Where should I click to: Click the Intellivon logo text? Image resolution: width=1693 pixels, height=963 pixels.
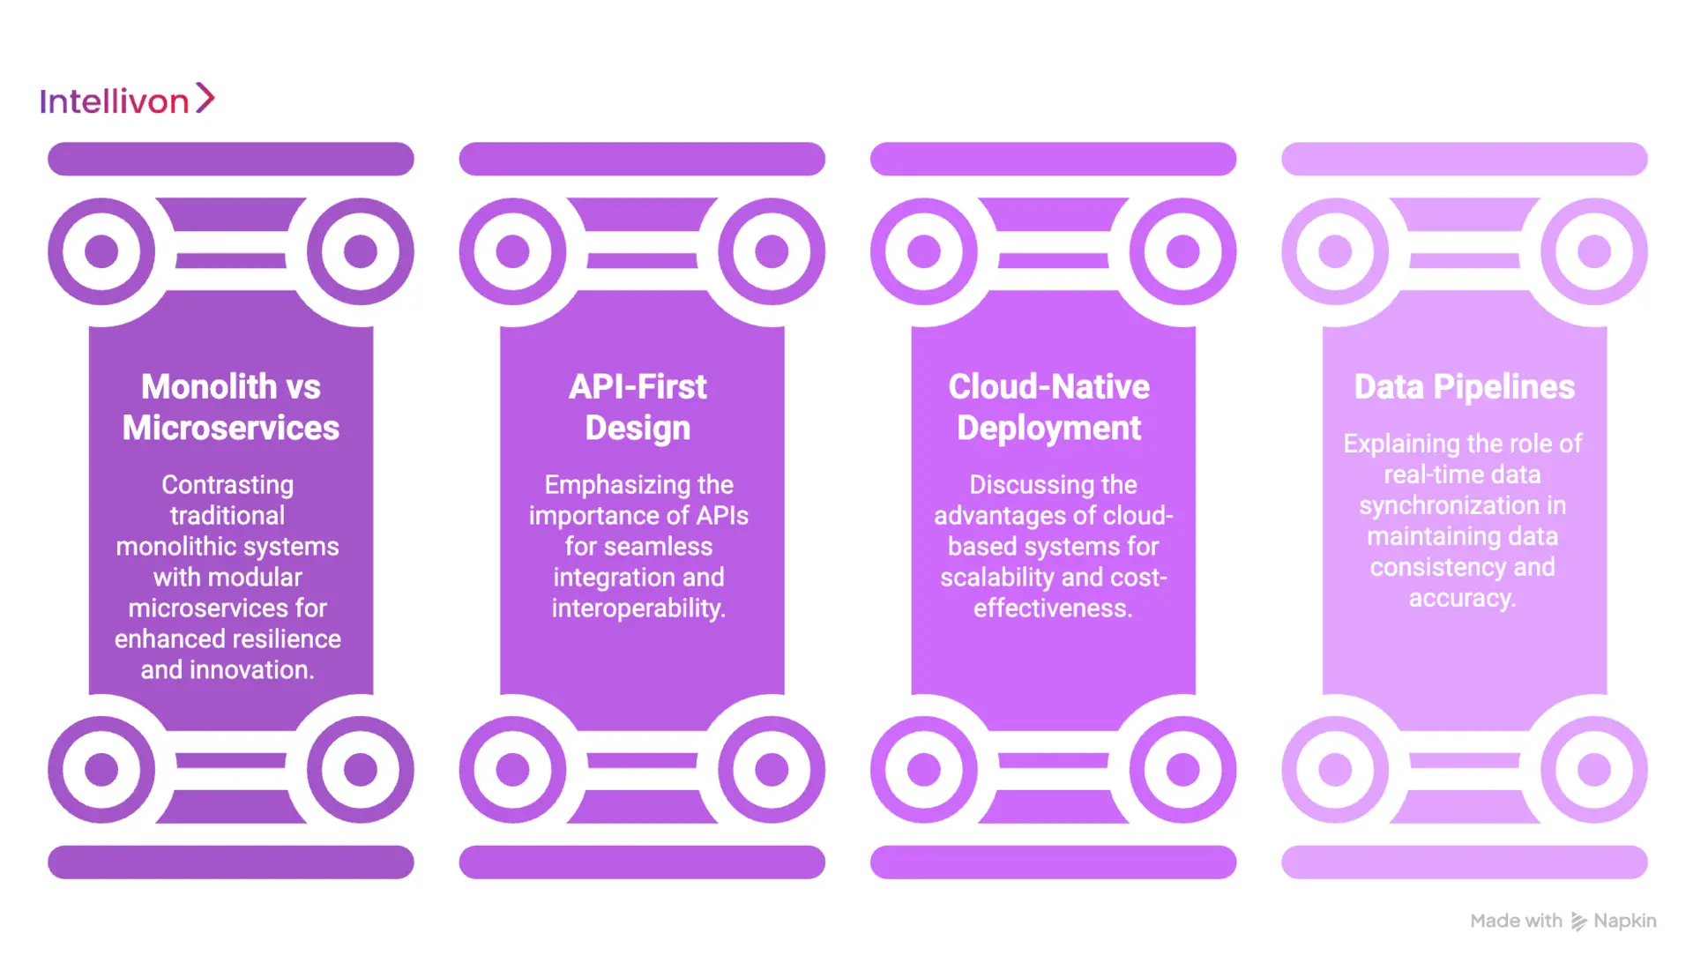click(114, 101)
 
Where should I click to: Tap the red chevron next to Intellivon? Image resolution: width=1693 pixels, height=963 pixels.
click(205, 98)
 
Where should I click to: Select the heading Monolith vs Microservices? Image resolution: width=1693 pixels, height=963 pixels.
click(230, 407)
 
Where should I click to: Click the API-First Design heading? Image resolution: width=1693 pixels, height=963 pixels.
click(638, 407)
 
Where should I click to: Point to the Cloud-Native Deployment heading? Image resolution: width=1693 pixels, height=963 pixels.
click(1048, 407)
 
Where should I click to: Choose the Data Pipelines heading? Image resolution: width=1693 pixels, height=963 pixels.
click(1464, 386)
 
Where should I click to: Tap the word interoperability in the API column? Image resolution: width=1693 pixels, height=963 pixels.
click(638, 608)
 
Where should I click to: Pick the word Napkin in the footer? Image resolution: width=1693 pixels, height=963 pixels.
click(1624, 921)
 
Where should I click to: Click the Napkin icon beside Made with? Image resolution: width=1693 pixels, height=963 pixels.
click(1578, 922)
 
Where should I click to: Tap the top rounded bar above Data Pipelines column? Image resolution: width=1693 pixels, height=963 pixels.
click(1464, 159)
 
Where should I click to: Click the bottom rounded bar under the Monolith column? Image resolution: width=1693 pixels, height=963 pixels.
click(230, 862)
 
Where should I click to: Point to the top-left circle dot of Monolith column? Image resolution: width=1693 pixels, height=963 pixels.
click(101, 251)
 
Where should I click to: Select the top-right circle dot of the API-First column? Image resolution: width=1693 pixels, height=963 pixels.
click(772, 251)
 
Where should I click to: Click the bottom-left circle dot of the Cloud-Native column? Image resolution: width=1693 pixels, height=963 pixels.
click(924, 769)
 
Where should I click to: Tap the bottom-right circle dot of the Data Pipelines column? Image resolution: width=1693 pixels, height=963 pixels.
click(1593, 769)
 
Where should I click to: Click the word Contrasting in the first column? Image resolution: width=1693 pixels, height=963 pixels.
click(227, 485)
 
